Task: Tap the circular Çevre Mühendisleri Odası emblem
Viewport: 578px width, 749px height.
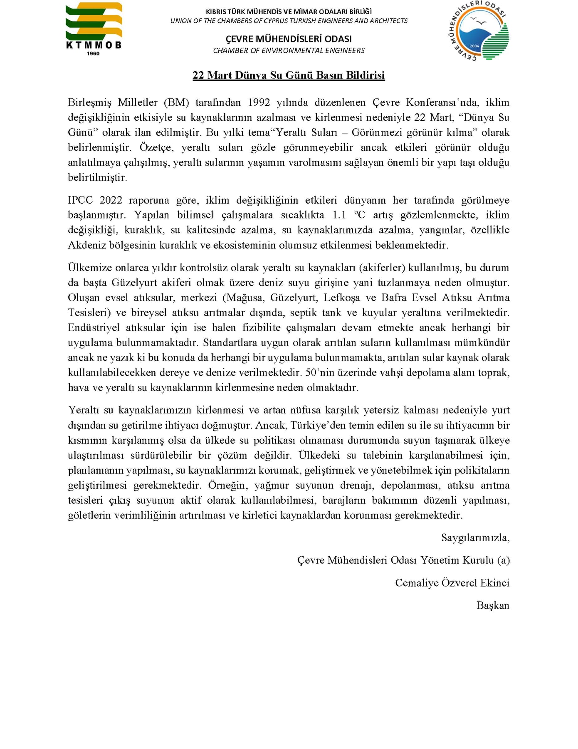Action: [479, 30]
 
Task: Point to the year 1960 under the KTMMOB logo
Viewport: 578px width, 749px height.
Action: [93, 54]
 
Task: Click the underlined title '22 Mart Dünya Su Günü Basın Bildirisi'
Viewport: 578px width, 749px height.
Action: [288, 75]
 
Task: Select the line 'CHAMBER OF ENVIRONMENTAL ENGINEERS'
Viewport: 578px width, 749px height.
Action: [289, 51]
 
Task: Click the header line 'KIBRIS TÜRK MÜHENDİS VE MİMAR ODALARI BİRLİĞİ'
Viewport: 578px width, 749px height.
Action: [289, 12]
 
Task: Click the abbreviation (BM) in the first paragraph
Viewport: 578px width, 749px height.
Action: [176, 103]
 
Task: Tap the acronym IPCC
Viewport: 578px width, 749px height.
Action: [80, 200]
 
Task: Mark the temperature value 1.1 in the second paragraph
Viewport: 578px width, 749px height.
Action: [339, 215]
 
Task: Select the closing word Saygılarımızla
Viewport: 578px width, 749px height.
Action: [475, 538]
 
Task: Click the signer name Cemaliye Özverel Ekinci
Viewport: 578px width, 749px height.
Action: [452, 583]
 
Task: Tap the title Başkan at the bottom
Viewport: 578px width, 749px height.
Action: [493, 605]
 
